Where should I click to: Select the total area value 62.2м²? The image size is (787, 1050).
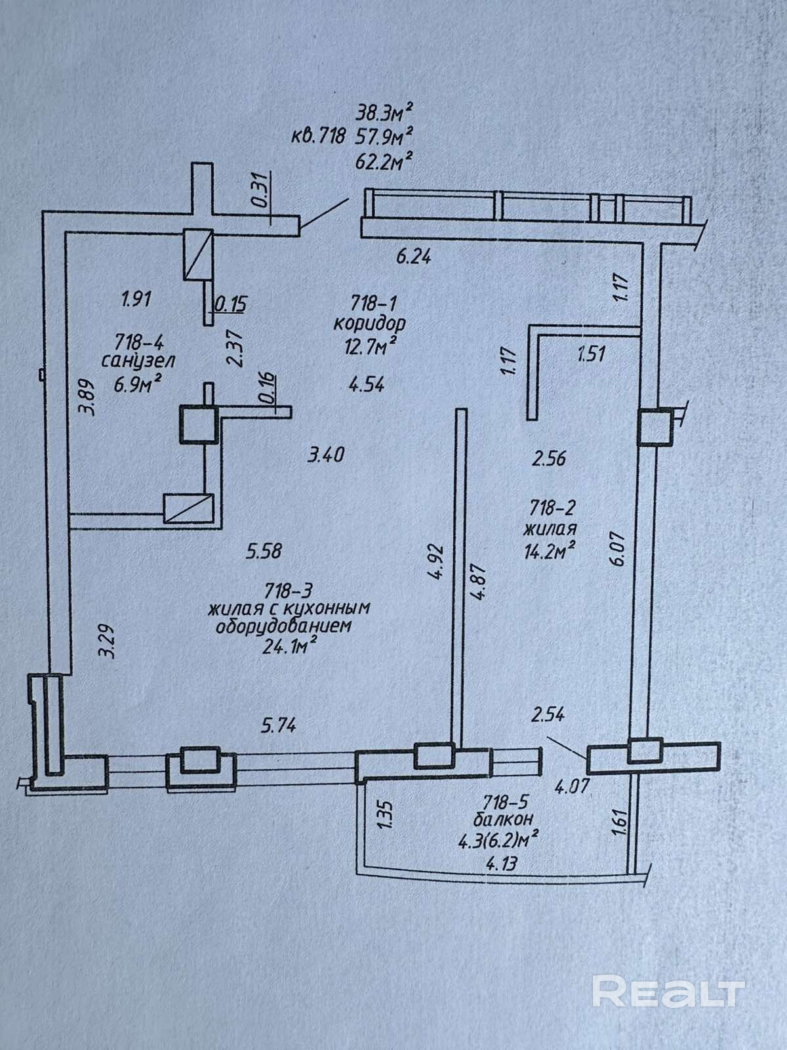point(385,159)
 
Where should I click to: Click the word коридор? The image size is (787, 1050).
point(369,323)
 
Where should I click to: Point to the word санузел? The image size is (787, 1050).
point(138,360)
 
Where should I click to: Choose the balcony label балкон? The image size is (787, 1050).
point(502,819)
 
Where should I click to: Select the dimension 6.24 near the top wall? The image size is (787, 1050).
point(413,257)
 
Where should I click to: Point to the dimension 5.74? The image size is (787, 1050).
point(279,725)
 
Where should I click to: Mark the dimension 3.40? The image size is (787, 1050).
point(326,454)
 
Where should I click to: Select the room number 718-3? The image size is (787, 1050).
point(287,589)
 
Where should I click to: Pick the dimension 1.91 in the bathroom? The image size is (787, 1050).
point(136,299)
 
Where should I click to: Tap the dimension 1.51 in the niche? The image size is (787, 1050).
point(590,355)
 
